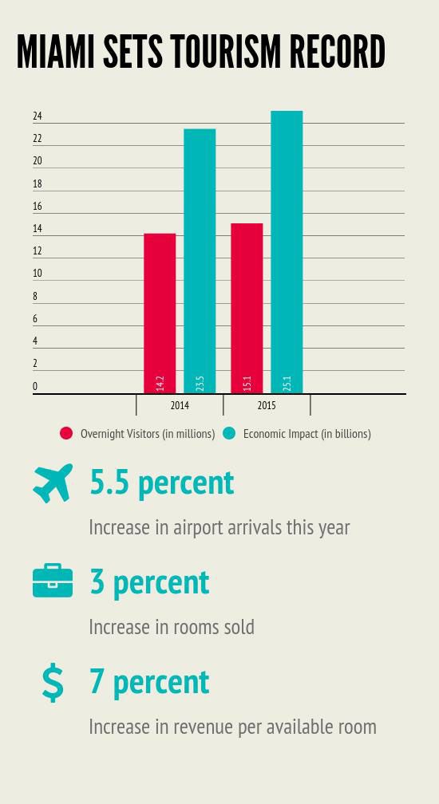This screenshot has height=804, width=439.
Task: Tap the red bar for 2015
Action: (247, 308)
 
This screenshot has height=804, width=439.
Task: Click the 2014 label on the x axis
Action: (180, 406)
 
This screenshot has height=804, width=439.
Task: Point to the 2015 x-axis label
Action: (267, 406)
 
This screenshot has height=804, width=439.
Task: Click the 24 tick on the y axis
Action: (38, 116)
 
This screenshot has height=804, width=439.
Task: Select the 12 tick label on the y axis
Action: (38, 251)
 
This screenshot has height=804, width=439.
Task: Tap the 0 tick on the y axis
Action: (35, 387)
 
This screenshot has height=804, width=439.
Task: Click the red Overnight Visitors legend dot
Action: (66, 434)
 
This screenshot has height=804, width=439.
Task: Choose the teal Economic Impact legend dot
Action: (229, 434)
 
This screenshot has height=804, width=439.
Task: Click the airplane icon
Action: (53, 483)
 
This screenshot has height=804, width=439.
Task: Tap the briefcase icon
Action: (53, 581)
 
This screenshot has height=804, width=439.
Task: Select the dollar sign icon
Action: (53, 683)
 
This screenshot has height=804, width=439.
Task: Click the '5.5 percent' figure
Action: (162, 483)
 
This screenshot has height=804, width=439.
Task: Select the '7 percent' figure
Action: (149, 682)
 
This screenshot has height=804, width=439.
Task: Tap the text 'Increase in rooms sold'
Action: (172, 627)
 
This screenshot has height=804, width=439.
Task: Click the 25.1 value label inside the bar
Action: (287, 383)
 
